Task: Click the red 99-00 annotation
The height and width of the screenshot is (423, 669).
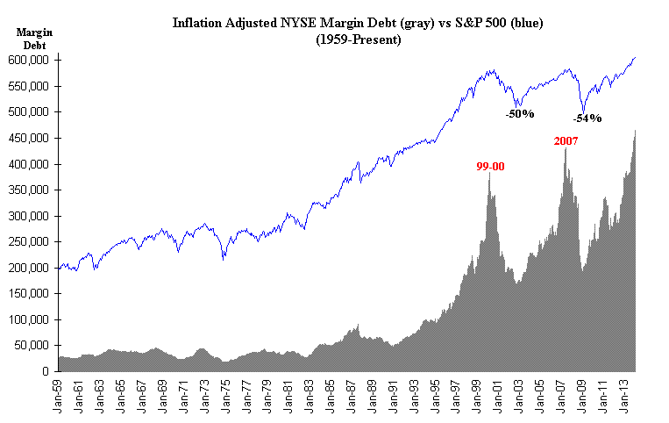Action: pyautogui.click(x=490, y=166)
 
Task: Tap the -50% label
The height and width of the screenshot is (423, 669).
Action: pyautogui.click(x=519, y=114)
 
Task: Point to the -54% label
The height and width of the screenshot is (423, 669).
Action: pyautogui.click(x=587, y=118)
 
